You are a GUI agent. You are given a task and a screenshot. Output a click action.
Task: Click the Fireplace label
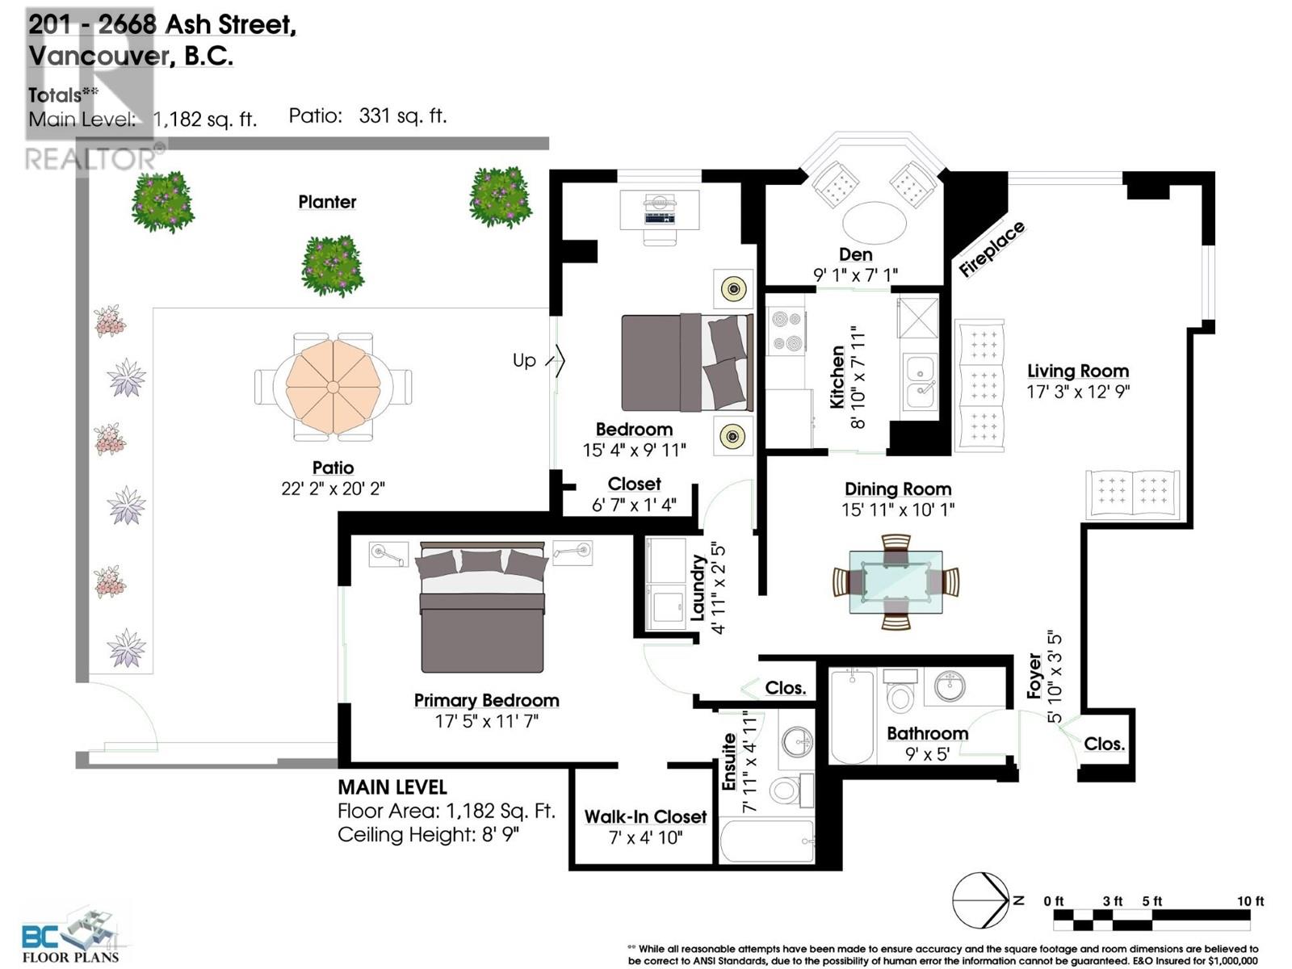[x=992, y=250]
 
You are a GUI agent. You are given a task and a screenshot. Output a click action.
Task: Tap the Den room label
[x=855, y=254]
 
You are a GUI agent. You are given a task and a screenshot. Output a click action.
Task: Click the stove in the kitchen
[x=785, y=332]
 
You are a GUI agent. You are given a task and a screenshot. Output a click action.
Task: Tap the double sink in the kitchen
[x=920, y=381]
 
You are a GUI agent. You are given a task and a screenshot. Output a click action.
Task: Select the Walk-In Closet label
[x=645, y=816]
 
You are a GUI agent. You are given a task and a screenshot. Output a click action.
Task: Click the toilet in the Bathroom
[x=899, y=691]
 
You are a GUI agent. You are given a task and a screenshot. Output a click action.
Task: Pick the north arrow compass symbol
[x=981, y=900]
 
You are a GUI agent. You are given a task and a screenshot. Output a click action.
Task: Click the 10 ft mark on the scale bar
[x=1249, y=901]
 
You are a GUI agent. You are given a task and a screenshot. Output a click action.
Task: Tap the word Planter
[x=327, y=202]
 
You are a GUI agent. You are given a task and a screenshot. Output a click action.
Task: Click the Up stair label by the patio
[x=524, y=360]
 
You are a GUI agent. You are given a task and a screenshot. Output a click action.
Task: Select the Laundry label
[x=698, y=587]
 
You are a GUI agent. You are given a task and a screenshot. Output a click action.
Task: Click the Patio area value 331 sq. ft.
[x=402, y=116]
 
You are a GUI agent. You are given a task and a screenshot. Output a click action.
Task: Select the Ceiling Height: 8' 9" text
[x=427, y=834]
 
